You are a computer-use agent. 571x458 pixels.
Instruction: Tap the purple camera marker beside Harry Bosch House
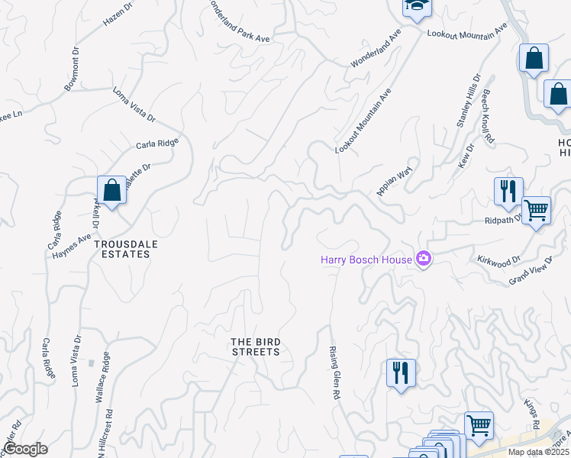[424, 260]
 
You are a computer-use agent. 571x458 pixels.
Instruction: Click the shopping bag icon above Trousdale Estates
[111, 191]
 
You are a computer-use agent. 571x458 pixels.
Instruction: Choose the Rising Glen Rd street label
[334, 373]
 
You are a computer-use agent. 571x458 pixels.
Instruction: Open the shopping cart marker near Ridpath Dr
[536, 209]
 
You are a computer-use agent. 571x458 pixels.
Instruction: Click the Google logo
[25, 449]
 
